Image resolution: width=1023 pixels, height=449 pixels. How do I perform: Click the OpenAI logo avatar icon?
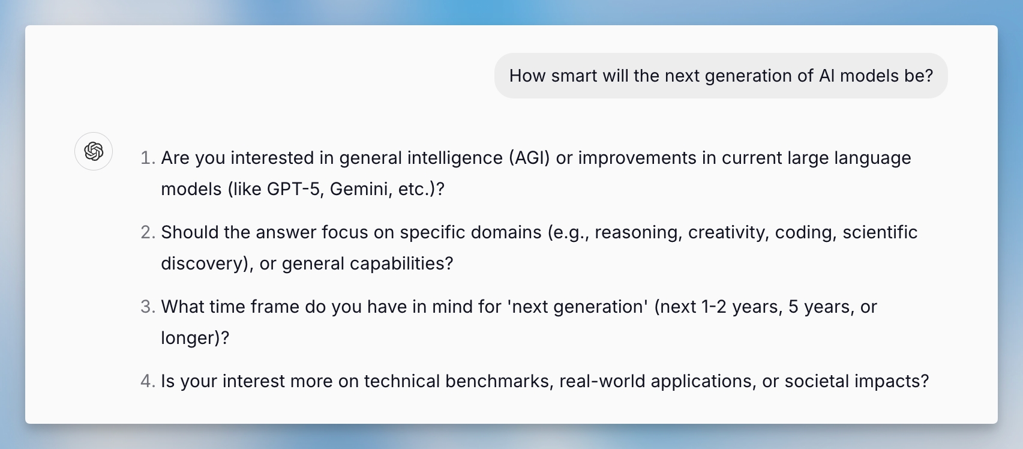coord(94,151)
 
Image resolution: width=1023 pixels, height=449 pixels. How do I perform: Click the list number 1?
coord(148,158)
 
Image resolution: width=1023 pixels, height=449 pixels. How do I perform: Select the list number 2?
coord(148,232)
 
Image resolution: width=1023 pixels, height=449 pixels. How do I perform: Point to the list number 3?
coord(148,307)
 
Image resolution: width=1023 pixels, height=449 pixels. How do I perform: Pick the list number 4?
coord(148,381)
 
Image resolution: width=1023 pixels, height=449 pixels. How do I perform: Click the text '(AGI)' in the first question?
coord(529,158)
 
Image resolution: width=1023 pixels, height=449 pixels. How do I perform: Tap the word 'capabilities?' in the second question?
coord(401,264)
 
